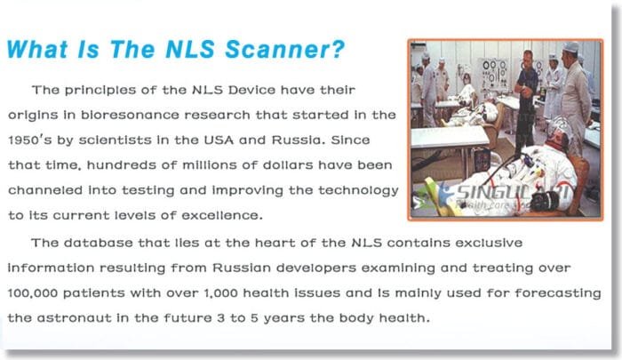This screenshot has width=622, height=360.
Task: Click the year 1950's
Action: tap(29, 140)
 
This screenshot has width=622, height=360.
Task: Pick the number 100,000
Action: tap(36, 292)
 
